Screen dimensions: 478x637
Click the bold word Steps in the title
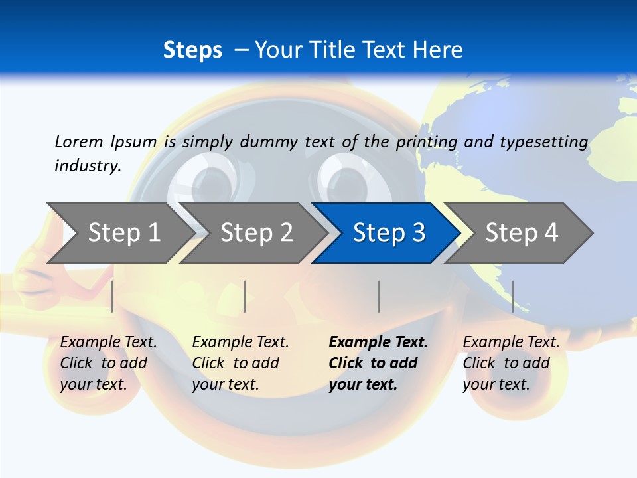point(192,50)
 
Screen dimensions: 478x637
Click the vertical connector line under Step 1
point(112,296)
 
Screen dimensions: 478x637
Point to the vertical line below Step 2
point(245,296)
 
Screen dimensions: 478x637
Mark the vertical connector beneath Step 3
point(378,296)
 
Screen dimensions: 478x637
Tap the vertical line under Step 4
point(512,296)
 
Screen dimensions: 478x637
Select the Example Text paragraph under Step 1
point(108,363)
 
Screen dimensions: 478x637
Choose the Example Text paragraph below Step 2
point(240,363)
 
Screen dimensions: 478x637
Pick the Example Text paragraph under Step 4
point(510,363)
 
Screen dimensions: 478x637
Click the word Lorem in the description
point(78,141)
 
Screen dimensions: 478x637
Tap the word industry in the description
point(87,166)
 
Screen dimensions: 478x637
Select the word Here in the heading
point(437,50)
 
